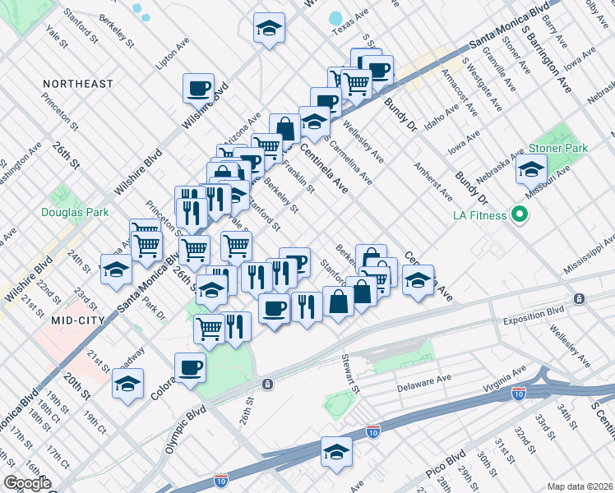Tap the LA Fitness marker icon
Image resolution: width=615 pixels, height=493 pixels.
[519, 216]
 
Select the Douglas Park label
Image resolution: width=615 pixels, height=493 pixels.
[75, 212]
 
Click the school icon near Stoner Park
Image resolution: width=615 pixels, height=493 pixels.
[531, 170]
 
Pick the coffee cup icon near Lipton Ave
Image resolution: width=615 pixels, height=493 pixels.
[198, 87]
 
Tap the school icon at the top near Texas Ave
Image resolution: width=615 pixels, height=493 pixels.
[267, 29]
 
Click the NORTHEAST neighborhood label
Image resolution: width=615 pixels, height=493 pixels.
[78, 84]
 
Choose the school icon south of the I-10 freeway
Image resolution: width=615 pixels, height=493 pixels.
[336, 453]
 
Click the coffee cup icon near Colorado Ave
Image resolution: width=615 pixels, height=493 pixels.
[191, 366]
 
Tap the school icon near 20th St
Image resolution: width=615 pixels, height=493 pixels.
[127, 385]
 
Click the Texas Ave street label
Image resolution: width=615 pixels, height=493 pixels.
[348, 27]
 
